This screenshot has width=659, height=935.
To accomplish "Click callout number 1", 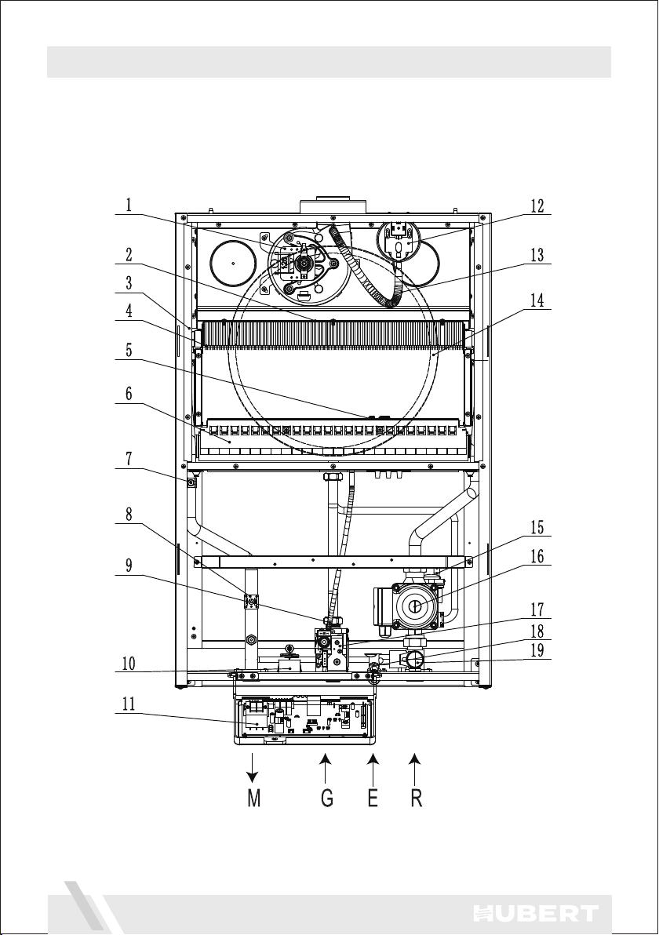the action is click(x=128, y=206).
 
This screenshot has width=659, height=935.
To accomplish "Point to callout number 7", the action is click(x=128, y=459).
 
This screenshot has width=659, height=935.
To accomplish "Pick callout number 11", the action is click(x=128, y=704).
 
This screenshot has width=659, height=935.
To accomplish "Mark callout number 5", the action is click(x=128, y=351).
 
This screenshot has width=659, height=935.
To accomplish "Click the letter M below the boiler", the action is click(x=254, y=798).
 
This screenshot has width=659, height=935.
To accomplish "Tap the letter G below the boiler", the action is click(x=326, y=798).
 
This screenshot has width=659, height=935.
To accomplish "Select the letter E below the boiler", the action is click(x=373, y=798).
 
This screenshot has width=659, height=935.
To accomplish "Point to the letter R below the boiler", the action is click(x=417, y=798).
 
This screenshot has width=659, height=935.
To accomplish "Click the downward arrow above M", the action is click(x=253, y=767).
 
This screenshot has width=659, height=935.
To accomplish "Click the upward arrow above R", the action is click(x=416, y=767).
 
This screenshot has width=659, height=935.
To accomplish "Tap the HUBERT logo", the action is click(x=535, y=913).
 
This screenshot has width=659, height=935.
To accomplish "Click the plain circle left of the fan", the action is click(x=233, y=262).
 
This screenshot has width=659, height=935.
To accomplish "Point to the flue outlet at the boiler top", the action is click(x=332, y=206).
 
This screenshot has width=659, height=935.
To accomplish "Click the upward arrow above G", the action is click(x=325, y=767).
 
